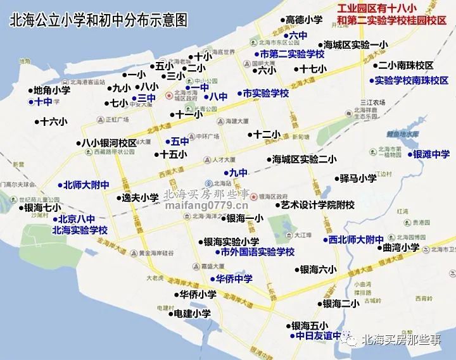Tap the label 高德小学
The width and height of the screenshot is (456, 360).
(304, 20)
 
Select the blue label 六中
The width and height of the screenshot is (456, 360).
(298, 35)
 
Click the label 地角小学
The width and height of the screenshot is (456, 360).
(52, 90)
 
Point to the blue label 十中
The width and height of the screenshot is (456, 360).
(43, 102)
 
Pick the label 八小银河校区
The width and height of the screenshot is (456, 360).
(110, 143)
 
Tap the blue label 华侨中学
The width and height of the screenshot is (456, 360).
(234, 278)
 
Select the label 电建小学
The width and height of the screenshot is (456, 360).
(192, 313)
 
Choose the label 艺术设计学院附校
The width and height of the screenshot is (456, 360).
(318, 204)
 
